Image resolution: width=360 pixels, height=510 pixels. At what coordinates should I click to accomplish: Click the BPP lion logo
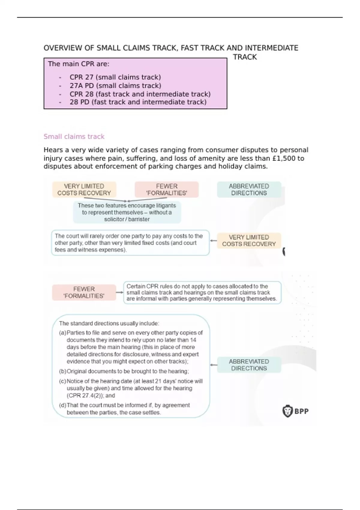coord(287,411)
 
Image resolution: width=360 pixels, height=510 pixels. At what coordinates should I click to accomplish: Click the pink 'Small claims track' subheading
coord(74,136)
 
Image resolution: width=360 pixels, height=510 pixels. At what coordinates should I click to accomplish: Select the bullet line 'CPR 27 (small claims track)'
coord(115,77)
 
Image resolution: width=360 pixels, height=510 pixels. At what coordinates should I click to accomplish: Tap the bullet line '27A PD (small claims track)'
coord(115,85)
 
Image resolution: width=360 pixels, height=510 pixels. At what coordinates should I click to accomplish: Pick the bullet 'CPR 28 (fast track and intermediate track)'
coord(140,94)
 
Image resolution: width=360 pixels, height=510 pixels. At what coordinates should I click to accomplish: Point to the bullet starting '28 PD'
coord(138,102)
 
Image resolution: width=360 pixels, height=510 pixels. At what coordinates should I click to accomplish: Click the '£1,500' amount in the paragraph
coord(283,158)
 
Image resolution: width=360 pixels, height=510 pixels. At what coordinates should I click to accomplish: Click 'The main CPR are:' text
coord(79,64)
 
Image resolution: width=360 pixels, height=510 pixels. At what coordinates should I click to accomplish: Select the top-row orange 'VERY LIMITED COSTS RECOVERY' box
coord(84,190)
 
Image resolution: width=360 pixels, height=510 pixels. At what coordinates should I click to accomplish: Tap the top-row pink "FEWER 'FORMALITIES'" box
coord(166,190)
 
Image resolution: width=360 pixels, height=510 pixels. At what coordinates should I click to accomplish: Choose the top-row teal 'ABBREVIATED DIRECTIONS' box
coord(249,190)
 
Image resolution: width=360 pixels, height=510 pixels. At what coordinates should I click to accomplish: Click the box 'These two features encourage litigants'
coord(127,212)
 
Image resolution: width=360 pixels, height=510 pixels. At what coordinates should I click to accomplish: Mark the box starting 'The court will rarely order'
coord(130,243)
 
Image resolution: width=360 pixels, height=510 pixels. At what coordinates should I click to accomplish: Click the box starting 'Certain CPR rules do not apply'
coord(202,292)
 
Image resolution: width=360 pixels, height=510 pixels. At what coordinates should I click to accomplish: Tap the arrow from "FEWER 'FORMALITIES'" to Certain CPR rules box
coord(119,292)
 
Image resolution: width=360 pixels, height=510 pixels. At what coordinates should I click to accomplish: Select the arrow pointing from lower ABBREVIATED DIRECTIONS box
coord(214,365)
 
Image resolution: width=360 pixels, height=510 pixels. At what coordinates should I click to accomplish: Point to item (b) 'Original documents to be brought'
coord(127,371)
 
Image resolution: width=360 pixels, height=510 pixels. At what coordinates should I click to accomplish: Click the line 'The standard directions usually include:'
coord(109,323)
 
